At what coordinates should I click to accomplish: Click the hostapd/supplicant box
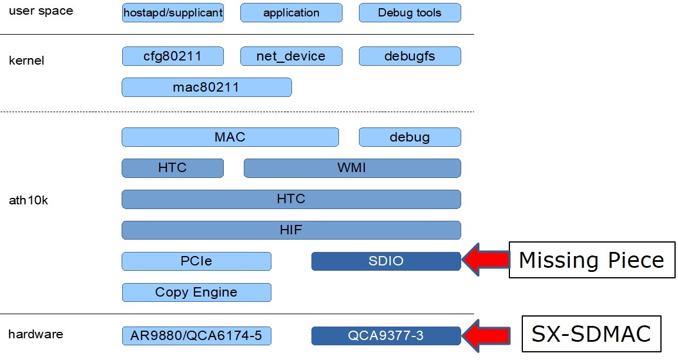click(x=173, y=12)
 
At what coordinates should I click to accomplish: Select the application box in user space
click(x=291, y=12)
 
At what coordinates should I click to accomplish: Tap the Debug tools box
click(x=410, y=12)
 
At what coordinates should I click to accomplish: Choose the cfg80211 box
click(x=173, y=56)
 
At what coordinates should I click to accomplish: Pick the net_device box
click(x=291, y=56)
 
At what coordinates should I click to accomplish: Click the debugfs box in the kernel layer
click(x=410, y=56)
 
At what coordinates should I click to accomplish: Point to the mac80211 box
click(x=206, y=88)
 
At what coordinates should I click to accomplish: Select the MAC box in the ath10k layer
click(x=230, y=137)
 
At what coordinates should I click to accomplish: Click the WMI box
click(x=352, y=168)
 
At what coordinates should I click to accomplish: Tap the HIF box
click(x=291, y=230)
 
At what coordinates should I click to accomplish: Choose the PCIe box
click(x=196, y=261)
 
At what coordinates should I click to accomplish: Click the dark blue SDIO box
click(x=386, y=261)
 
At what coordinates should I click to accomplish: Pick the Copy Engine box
click(x=196, y=292)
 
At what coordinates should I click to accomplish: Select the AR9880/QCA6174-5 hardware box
click(x=196, y=336)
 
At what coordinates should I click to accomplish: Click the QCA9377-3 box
click(x=386, y=336)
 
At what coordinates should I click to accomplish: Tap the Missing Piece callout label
click(x=591, y=260)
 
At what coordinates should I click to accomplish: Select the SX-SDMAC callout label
click(x=591, y=334)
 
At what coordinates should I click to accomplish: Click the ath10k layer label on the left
click(x=28, y=201)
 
